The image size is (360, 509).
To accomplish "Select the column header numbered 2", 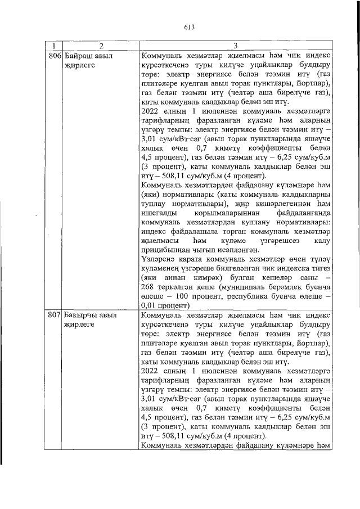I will coord(98,45).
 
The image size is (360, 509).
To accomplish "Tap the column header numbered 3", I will coord(236,45).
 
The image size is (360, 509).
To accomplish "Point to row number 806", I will coord(55,56).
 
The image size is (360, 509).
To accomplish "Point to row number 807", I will coord(55,316).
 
